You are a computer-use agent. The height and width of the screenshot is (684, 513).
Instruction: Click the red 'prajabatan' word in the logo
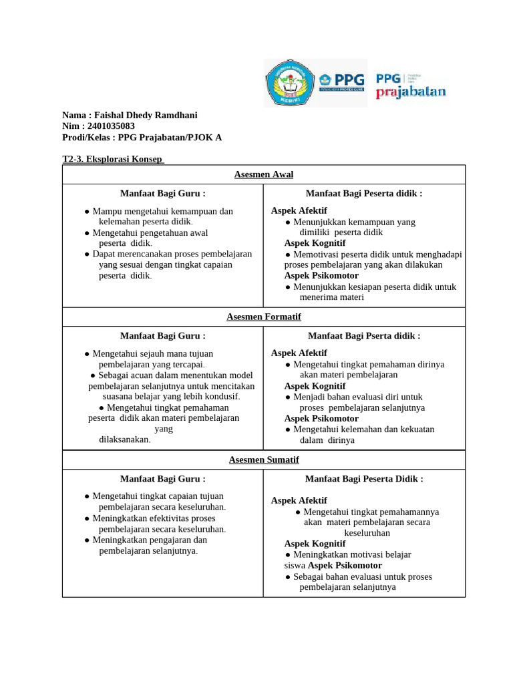(x=410, y=92)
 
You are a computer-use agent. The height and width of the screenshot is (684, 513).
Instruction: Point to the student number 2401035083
(x=111, y=126)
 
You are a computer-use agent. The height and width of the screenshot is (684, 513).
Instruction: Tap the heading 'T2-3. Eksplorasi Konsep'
(x=112, y=160)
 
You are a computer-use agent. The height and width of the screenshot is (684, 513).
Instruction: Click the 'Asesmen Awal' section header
(x=264, y=174)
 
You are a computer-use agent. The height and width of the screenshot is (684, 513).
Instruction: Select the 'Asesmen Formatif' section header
(x=264, y=317)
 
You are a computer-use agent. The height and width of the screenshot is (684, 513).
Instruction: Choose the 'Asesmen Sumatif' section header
(x=264, y=460)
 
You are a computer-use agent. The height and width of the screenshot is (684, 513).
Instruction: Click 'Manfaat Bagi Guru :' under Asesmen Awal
(x=162, y=194)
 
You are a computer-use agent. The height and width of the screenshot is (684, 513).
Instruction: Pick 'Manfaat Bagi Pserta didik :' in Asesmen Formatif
(x=364, y=336)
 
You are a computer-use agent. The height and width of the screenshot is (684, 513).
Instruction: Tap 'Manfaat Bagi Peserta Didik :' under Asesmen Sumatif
(x=364, y=479)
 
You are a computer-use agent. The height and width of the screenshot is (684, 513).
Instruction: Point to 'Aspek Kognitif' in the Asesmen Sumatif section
(x=315, y=544)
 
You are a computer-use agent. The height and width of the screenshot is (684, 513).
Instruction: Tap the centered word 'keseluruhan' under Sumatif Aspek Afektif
(x=367, y=533)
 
